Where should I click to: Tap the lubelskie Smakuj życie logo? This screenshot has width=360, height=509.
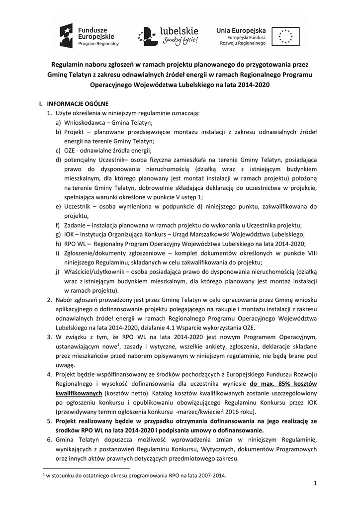[169, 35]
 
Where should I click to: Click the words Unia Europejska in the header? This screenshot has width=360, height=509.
[241, 30]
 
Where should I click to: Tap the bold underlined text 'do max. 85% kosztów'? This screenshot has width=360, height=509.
[283, 384]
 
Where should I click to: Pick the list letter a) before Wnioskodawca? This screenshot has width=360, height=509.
[58, 122]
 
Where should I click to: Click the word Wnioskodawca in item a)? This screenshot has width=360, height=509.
[84, 122]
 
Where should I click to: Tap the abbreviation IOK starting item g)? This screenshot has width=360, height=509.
[69, 234]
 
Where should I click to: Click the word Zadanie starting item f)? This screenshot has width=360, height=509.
[75, 225]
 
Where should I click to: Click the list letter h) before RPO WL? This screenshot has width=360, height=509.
[58, 244]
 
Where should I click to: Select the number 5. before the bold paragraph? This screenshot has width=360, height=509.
[49, 421]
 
